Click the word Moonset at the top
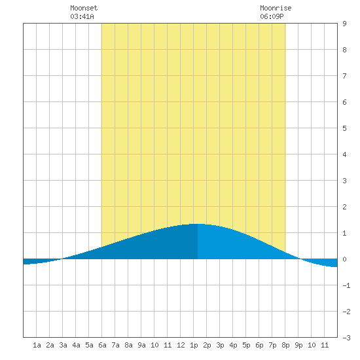pyautogui.click(x=84, y=8)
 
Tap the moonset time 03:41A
pyautogui.click(x=82, y=16)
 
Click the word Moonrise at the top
pyautogui.click(x=276, y=8)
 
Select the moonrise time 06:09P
pyautogui.click(x=272, y=16)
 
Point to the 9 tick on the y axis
pyautogui.click(x=344, y=24)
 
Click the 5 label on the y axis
pyautogui.click(x=344, y=128)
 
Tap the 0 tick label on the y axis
pyautogui.click(x=344, y=259)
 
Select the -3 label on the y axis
pyautogui.click(x=346, y=338)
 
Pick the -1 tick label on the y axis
pyautogui.click(x=346, y=285)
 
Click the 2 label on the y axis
pyautogui.click(x=344, y=207)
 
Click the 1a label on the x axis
pyautogui.click(x=37, y=345)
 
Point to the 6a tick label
pyautogui.click(x=102, y=345)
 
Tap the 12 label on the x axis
pyautogui.click(x=181, y=345)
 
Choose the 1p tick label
pyautogui.click(x=194, y=346)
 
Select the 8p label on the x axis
pyautogui.click(x=285, y=346)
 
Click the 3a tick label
pyautogui.click(x=63, y=345)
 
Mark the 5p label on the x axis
pyautogui.click(x=246, y=346)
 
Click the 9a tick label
pyautogui.click(x=141, y=345)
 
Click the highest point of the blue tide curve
pyautogui.click(x=198, y=224)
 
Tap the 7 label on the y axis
pyautogui.click(x=344, y=76)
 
